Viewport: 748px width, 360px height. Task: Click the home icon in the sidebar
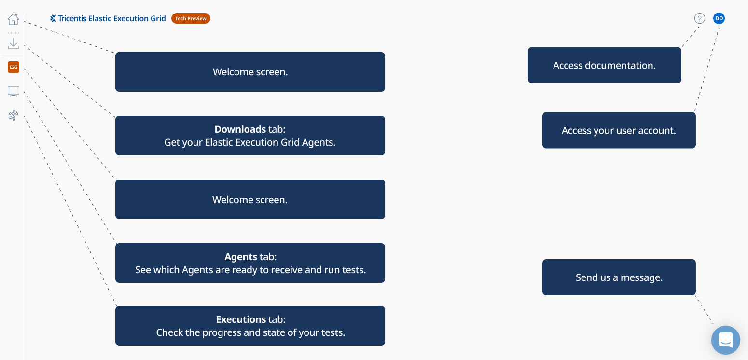[14, 19]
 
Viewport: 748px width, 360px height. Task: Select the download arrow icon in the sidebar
[14, 43]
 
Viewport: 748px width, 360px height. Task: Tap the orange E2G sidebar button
[14, 67]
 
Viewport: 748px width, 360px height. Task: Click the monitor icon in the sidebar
[14, 91]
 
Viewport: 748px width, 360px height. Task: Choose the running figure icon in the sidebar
[14, 115]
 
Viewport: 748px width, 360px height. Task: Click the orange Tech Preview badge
[191, 18]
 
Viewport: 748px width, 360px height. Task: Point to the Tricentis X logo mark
[53, 18]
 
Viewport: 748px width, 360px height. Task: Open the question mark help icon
[700, 18]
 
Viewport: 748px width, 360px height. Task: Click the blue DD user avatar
[719, 18]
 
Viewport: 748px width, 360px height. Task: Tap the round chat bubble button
[726, 340]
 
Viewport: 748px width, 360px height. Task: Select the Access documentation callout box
[604, 65]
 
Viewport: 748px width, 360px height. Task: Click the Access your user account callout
[619, 130]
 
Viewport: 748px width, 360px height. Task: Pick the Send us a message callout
[619, 277]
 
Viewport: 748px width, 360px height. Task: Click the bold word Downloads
[240, 129]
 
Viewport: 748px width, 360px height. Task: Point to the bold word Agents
[241, 257]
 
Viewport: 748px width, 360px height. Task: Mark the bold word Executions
[241, 319]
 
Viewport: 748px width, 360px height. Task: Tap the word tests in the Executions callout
[333, 332]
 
